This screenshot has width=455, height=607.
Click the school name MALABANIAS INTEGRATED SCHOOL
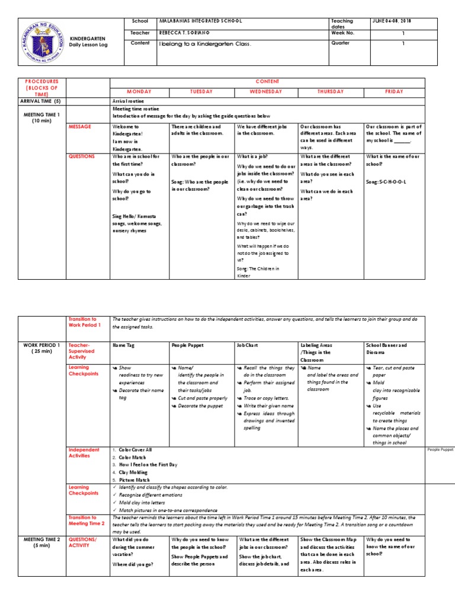point(201,21)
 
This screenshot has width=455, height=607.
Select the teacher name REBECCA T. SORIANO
point(185,32)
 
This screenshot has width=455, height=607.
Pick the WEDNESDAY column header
point(265,92)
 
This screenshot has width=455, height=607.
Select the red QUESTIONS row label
point(82,156)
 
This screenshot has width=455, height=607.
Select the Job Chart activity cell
point(249,344)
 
